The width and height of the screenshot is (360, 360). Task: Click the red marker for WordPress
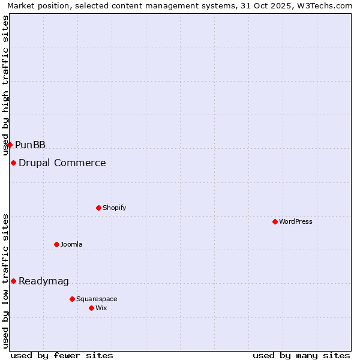(x=275, y=221)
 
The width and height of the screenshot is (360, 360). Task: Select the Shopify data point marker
(x=98, y=208)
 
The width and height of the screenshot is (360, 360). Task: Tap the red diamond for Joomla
(x=56, y=244)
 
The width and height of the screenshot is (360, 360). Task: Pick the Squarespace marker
(x=72, y=299)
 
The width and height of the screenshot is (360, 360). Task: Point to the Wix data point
(x=91, y=308)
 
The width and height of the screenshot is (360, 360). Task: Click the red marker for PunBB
(x=10, y=145)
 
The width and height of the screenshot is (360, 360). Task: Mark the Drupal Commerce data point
(x=13, y=163)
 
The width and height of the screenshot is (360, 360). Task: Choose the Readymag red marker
(x=13, y=281)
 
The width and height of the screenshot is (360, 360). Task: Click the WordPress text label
(x=296, y=221)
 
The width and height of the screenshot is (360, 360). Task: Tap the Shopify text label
(x=115, y=208)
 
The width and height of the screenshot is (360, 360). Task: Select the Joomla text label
(x=71, y=244)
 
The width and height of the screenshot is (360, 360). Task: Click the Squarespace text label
(x=97, y=299)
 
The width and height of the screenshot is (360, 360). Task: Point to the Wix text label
(x=101, y=308)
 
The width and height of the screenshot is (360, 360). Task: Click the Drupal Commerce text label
(x=62, y=163)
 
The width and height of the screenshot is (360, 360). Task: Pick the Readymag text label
(x=44, y=281)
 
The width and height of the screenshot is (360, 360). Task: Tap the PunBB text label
(x=31, y=145)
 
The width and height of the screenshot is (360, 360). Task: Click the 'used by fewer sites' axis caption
(x=62, y=355)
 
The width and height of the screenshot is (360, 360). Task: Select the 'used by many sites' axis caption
(x=301, y=355)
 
